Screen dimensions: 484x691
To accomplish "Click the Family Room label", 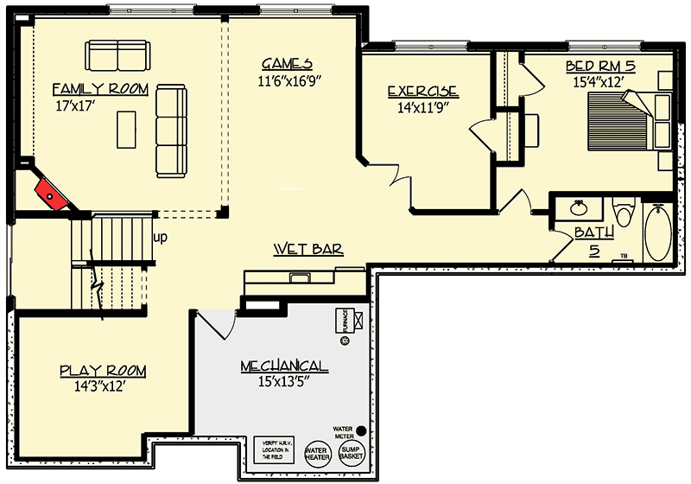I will click(x=100, y=89).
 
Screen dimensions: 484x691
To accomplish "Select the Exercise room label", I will click(x=422, y=92).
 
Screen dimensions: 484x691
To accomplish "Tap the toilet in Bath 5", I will click(x=623, y=213).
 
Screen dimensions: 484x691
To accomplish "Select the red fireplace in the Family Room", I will click(x=54, y=194).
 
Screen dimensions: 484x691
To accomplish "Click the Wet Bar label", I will click(x=308, y=250).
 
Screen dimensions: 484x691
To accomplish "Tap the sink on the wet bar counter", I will click(x=300, y=277).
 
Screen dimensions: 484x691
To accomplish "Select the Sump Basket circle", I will click(x=352, y=454).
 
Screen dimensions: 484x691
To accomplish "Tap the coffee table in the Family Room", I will click(x=126, y=130).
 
